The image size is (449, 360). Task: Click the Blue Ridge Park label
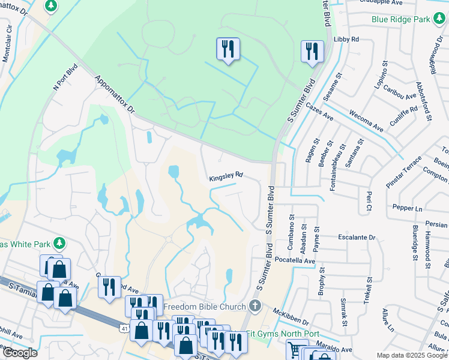point(400,19)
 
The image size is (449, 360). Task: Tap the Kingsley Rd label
point(226,176)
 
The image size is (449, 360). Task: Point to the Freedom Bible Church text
point(209,306)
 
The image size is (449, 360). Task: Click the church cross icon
point(255,306)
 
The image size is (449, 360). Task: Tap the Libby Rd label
point(346,40)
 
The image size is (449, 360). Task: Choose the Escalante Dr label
point(357,238)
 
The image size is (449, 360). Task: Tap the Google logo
point(19,353)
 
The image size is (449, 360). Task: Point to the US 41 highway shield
point(124,329)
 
